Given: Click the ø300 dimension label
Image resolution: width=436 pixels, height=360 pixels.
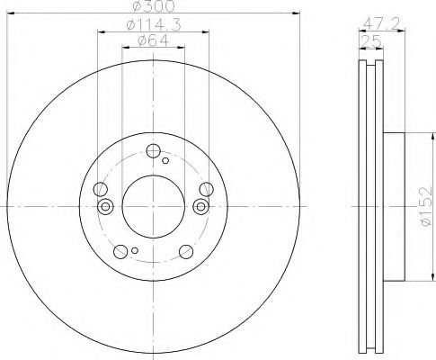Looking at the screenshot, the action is (x=153, y=6).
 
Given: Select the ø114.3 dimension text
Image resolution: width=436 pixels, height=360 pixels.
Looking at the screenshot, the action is (x=154, y=25).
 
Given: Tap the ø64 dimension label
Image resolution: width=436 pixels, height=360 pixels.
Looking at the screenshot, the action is (x=153, y=40).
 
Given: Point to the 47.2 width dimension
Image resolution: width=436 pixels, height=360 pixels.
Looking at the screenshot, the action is (x=382, y=23).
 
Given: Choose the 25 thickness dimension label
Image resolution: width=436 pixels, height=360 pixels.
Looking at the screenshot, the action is (x=371, y=41).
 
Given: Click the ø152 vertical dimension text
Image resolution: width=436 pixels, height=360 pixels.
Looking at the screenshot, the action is (x=426, y=207).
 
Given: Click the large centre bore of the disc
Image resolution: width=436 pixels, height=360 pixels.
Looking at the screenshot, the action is (x=154, y=207).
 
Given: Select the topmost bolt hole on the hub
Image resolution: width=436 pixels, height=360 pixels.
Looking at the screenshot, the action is (x=154, y=151).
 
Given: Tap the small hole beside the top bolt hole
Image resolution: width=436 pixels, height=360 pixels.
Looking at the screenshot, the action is (x=165, y=160).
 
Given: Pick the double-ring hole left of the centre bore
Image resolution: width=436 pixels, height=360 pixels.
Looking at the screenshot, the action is (x=105, y=206).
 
